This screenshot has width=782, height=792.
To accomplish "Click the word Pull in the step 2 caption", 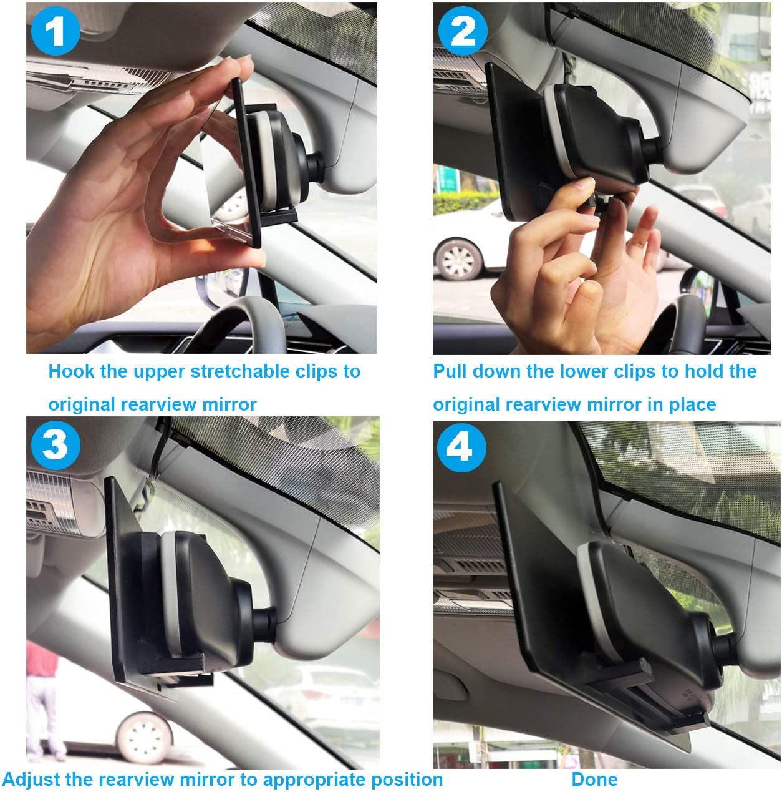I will (x=450, y=371).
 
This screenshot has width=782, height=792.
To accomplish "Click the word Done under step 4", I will (x=594, y=779).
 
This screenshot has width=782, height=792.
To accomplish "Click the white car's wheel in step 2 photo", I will (x=458, y=258).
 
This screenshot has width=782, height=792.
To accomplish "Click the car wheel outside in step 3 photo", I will (x=143, y=736).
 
